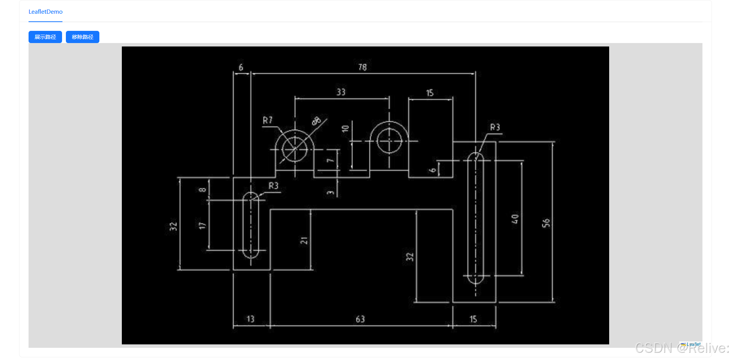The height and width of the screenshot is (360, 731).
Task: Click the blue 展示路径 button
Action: pyautogui.click(x=45, y=37)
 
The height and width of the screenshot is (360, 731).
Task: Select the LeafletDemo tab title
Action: pyautogui.click(x=45, y=12)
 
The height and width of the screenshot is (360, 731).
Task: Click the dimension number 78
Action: pyautogui.click(x=362, y=67)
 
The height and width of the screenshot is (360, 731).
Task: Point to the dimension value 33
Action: pyautogui.click(x=341, y=92)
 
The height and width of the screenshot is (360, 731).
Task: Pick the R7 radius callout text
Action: pyautogui.click(x=268, y=120)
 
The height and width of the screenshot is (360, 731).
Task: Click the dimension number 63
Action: pyautogui.click(x=360, y=319)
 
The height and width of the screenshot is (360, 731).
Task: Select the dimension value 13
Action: pyautogui.click(x=250, y=319)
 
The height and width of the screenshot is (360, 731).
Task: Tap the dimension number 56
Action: pyautogui.click(x=546, y=223)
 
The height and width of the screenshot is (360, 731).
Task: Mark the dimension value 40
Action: pyautogui.click(x=515, y=219)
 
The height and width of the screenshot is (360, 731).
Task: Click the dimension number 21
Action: pyautogui.click(x=304, y=240)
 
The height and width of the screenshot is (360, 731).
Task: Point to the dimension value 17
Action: pyautogui.click(x=202, y=226)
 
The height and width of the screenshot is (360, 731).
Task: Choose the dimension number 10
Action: pyautogui.click(x=345, y=129)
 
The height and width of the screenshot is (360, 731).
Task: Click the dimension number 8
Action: pyautogui.click(x=203, y=189)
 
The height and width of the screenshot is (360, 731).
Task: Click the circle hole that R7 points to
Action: pyautogui.click(x=295, y=149)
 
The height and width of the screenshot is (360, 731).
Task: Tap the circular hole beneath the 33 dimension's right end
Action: pyautogui.click(x=389, y=141)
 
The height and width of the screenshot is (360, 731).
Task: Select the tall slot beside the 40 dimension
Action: pyautogui.click(x=475, y=218)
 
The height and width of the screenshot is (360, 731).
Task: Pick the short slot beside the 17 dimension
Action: pyautogui.click(x=251, y=225)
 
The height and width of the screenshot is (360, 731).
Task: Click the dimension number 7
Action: pyautogui.click(x=330, y=161)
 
